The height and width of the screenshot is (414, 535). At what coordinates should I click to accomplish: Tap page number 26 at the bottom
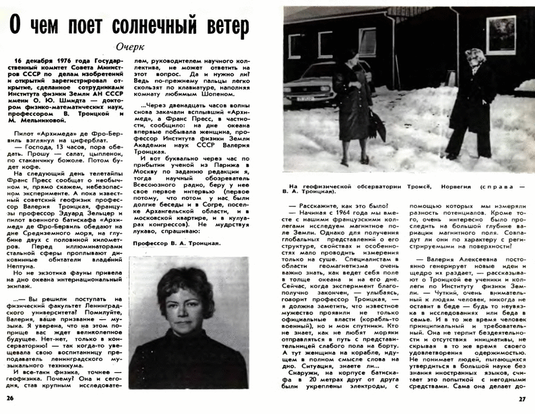(x=9, y=400)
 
